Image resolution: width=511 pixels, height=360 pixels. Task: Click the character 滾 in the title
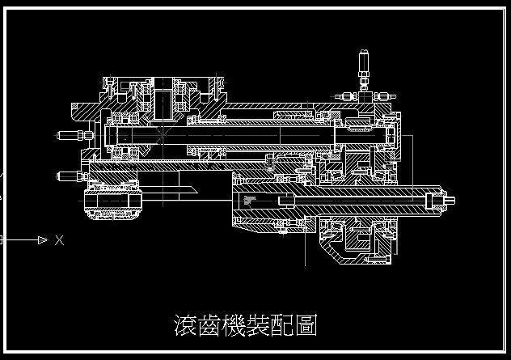[x=185, y=325]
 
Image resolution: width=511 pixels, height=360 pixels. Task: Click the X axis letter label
[x=59, y=240]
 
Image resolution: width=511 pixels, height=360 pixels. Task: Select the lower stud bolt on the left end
[x=66, y=175]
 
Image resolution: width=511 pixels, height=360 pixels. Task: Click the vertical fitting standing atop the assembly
[x=364, y=69]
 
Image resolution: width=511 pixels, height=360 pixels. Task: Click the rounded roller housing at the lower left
[x=114, y=204]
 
